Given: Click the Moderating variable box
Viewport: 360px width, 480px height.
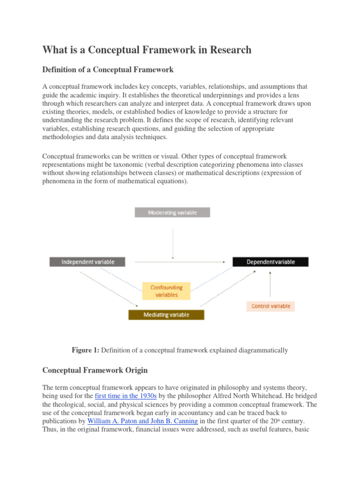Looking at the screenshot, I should point(172,212).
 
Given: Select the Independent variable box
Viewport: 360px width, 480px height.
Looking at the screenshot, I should point(88,262).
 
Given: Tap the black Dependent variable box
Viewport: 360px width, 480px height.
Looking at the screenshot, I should point(270,262).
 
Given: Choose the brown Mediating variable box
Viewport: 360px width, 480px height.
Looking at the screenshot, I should point(166,315).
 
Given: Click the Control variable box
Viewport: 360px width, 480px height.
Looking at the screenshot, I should point(271,306).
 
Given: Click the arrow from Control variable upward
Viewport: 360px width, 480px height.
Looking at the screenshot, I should point(270,284).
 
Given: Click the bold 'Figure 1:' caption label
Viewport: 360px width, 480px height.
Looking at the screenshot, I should point(85,350).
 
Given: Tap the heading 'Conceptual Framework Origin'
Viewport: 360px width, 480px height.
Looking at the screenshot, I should point(95,370).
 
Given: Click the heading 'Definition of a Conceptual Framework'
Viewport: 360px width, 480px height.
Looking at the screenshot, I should point(108,70).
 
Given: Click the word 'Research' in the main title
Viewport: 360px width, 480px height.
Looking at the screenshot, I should point(227,50).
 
